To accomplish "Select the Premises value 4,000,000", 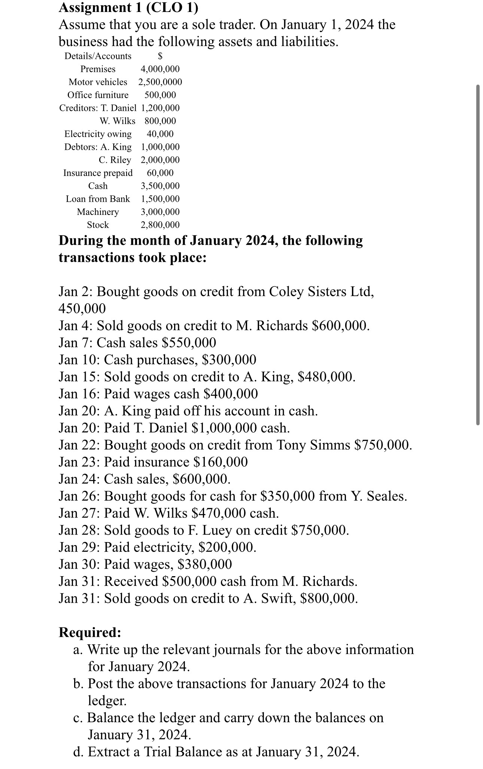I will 160,69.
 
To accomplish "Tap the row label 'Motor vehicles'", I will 98,82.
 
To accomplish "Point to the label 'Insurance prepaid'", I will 98,173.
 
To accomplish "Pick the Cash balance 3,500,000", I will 160,186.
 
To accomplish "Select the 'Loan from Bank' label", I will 98,199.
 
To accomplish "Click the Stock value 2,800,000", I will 160,225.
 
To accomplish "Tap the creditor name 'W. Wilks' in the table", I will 117,121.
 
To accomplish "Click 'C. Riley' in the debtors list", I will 115,160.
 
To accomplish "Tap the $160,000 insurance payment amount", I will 221,462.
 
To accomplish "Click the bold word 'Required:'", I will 90,632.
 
